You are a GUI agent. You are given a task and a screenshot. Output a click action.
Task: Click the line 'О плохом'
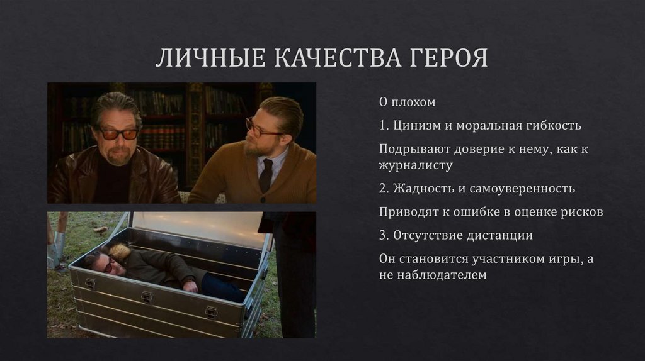408,102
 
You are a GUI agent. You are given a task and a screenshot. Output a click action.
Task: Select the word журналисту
416,165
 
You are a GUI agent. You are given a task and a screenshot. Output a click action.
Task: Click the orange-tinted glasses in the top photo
118,134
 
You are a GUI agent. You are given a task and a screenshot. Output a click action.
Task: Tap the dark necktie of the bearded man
266,175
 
